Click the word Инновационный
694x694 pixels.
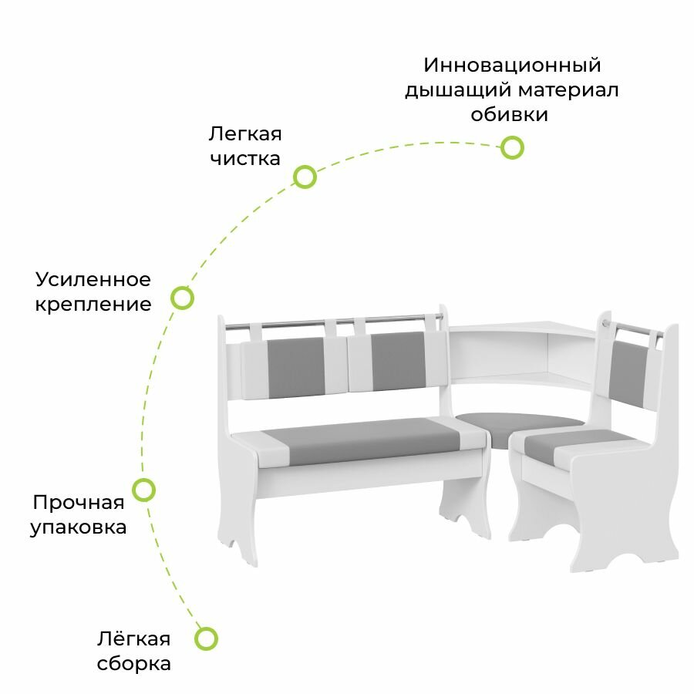512,64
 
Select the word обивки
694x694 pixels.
510,115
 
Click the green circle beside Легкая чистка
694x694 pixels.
305,177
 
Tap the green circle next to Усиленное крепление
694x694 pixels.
182,298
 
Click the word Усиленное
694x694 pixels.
93,278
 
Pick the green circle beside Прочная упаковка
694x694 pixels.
143,489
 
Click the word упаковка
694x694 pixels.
79,527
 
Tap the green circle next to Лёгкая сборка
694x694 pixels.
205,638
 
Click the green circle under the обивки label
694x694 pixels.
512,147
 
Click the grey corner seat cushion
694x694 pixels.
518,422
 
